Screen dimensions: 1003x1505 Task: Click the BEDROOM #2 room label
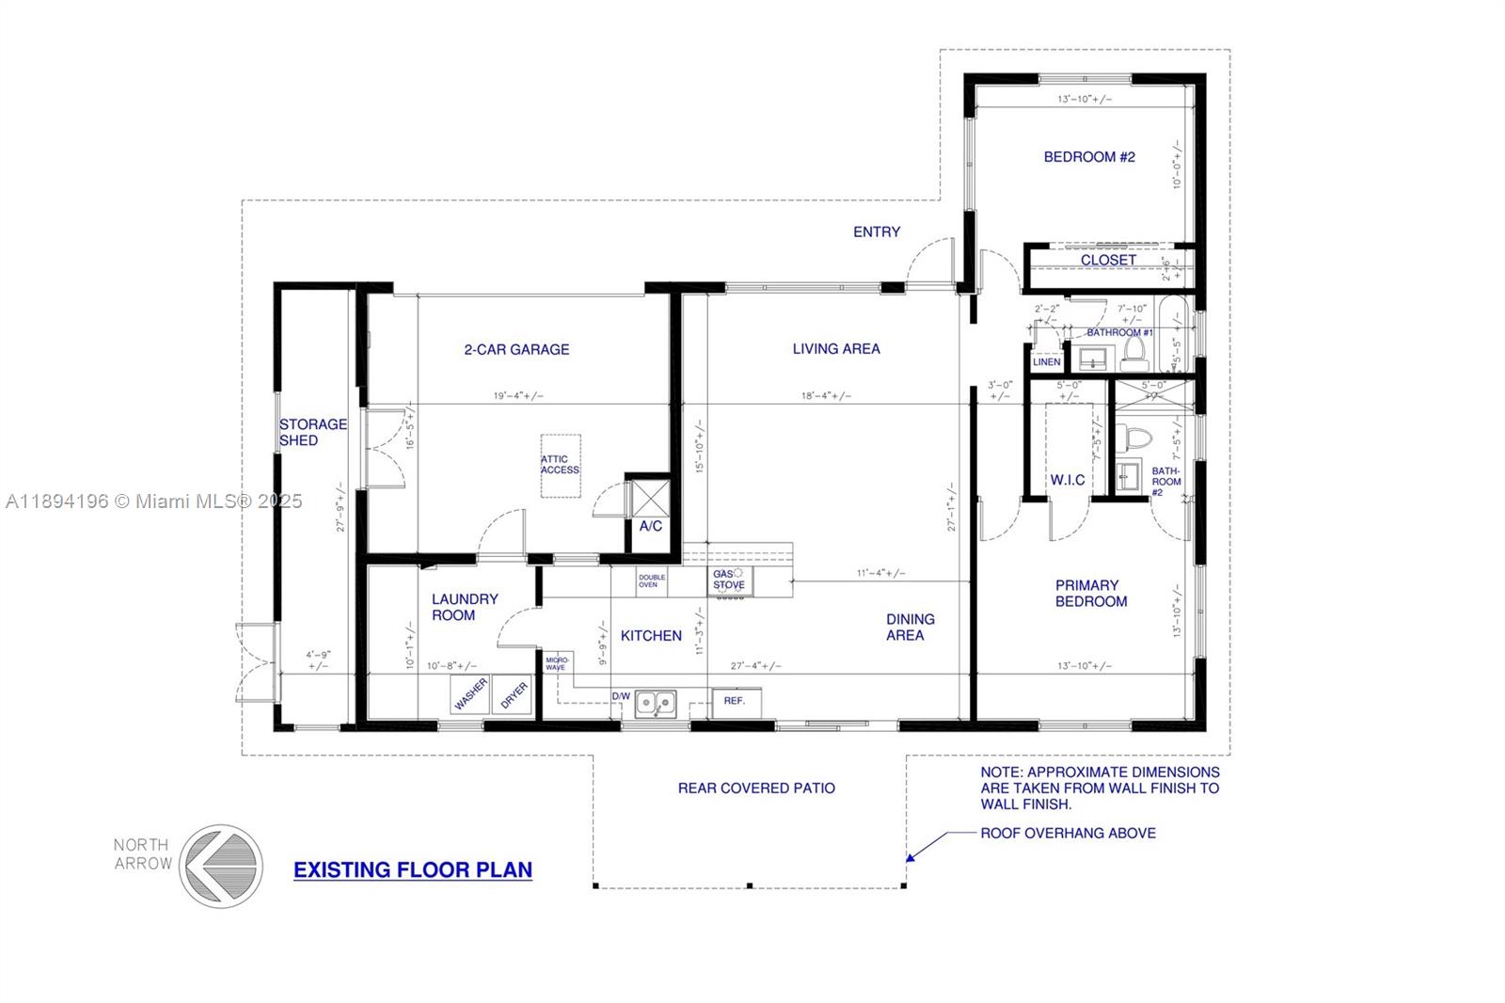pos(1089,157)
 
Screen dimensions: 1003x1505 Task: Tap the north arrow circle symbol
pos(222,867)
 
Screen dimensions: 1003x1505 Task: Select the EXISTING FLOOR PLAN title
pos(413,870)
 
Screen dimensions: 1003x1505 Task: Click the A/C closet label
pos(651,527)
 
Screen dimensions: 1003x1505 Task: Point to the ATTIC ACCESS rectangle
pos(561,466)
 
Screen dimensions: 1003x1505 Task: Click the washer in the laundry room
pos(470,694)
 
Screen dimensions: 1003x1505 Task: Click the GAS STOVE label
pos(729,580)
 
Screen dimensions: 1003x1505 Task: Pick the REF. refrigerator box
pos(736,701)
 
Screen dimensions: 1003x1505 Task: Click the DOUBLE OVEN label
pos(652,581)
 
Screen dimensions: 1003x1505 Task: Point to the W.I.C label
pos(1068,480)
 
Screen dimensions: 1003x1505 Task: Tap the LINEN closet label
pos(1047,362)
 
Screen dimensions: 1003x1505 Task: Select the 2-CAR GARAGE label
pos(516,350)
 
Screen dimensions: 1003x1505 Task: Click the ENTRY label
pos(877,232)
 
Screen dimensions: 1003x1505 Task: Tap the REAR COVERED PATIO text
pos(756,788)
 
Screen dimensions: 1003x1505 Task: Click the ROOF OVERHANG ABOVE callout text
pos(1068,834)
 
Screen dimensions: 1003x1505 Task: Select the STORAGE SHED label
pos(312,433)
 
